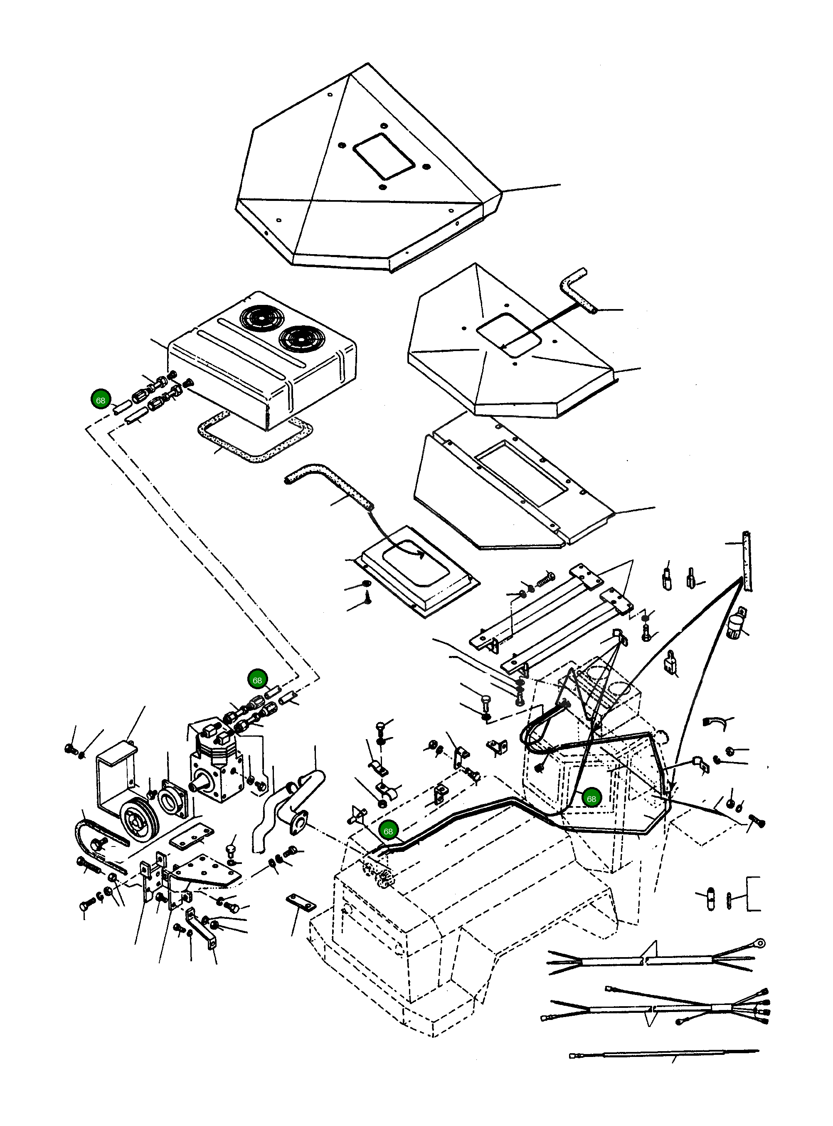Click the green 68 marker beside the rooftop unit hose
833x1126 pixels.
(x=100, y=400)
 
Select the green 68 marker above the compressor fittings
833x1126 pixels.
(x=257, y=680)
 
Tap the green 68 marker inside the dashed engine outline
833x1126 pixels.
(x=591, y=799)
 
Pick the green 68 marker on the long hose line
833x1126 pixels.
(x=388, y=832)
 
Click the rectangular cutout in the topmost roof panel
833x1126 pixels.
(x=384, y=156)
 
